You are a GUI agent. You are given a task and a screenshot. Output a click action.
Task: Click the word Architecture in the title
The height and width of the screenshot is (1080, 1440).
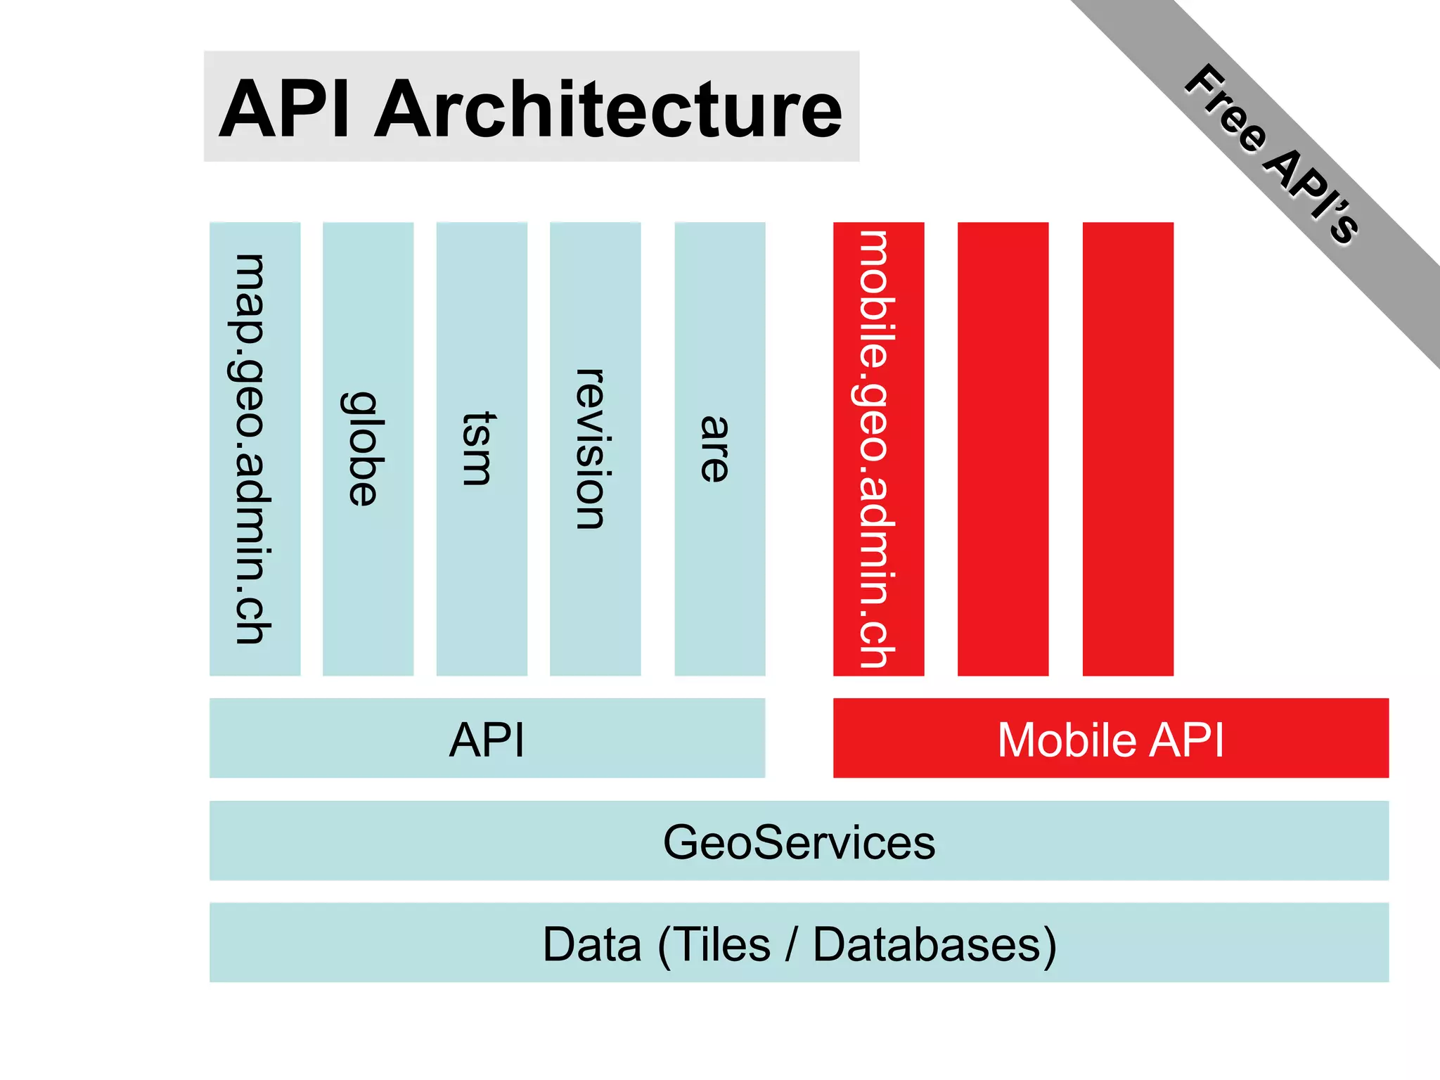tap(607, 109)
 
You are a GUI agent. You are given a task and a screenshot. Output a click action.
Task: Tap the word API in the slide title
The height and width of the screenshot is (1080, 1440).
tap(283, 109)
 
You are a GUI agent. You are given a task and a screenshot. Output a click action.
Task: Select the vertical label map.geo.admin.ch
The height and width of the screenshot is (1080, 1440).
tap(250, 449)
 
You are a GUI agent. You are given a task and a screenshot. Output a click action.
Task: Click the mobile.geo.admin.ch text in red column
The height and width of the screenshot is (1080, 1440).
tap(875, 449)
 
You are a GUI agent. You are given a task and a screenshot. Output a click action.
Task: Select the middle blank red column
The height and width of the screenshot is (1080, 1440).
tap(1003, 449)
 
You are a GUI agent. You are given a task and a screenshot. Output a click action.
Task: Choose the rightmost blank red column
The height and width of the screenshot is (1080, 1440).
tap(1128, 449)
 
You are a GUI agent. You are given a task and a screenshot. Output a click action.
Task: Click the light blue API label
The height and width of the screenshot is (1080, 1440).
tap(487, 740)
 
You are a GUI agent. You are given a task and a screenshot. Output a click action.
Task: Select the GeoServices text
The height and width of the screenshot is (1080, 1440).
tap(799, 842)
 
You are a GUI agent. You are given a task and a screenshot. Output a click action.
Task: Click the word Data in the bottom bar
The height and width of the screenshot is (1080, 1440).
tap(592, 944)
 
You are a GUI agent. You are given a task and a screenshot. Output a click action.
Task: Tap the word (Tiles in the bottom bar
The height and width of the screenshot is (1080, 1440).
tap(714, 944)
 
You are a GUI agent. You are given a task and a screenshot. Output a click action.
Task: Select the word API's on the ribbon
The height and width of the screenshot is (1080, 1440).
tap(1312, 197)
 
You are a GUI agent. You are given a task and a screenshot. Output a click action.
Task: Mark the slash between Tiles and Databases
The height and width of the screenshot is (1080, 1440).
tap(792, 944)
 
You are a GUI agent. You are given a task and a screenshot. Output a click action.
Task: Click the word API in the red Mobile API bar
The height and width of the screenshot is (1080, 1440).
tap(1188, 740)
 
